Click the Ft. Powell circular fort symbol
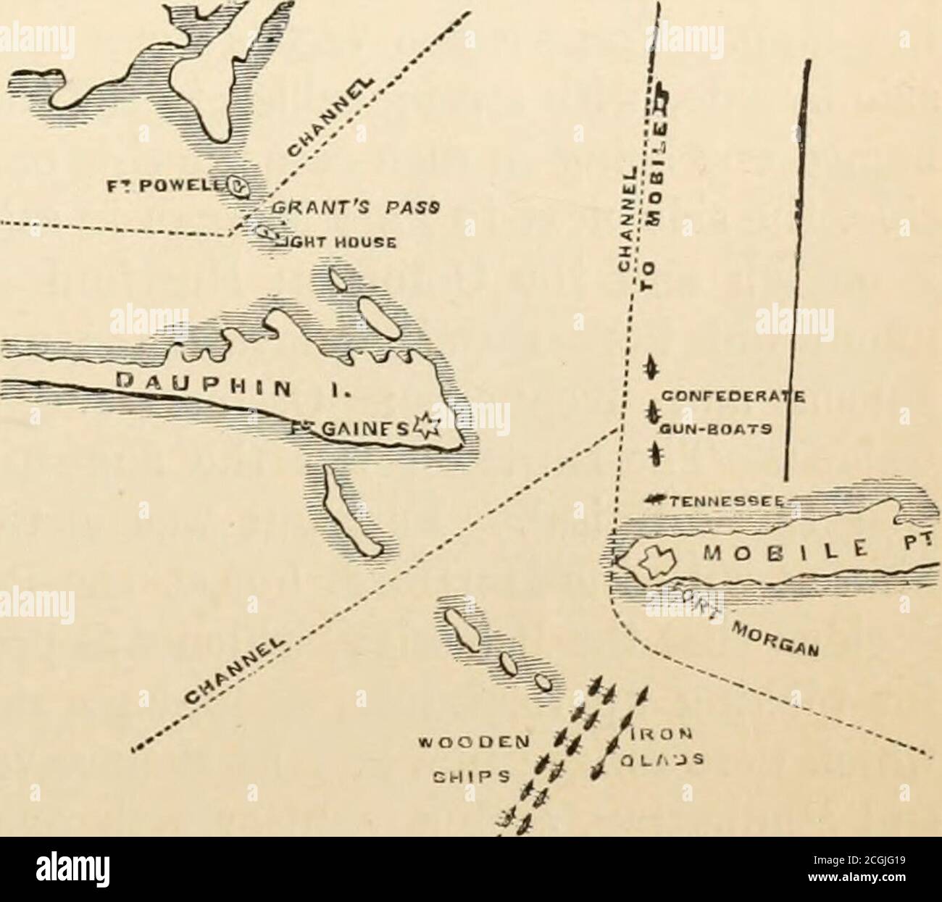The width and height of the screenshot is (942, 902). coord(239,185)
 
